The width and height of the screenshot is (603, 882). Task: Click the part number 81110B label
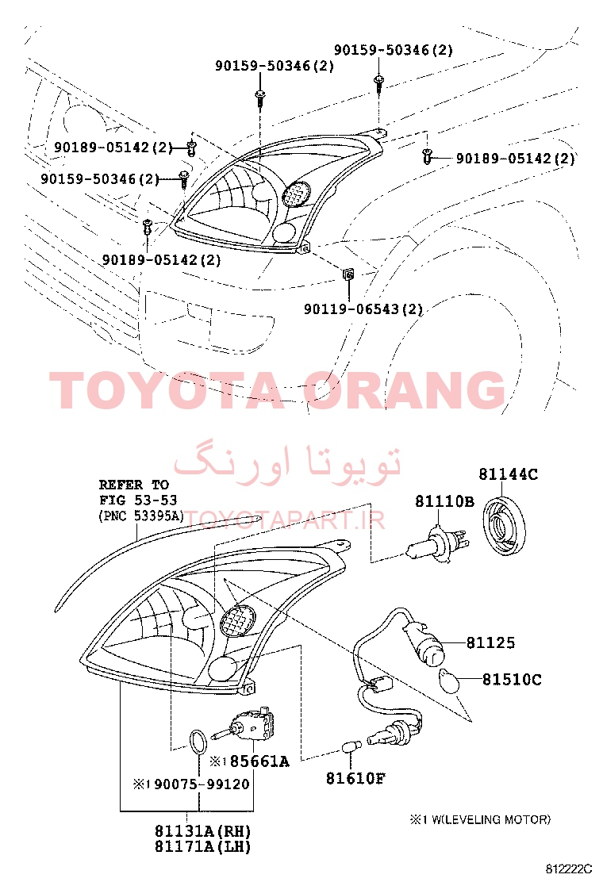click(x=444, y=501)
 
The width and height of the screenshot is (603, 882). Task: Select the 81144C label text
click(x=508, y=474)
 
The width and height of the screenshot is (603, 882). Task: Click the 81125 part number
click(x=490, y=642)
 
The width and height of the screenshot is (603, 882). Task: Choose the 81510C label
click(x=512, y=680)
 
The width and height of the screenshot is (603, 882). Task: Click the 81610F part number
click(x=355, y=778)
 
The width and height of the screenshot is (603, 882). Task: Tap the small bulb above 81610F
click(x=351, y=748)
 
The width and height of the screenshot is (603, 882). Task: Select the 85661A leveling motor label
click(x=259, y=761)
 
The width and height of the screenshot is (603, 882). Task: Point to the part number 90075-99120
click(x=202, y=784)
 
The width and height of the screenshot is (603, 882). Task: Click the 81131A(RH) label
click(x=203, y=830)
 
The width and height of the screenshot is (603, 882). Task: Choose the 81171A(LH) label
click(x=203, y=846)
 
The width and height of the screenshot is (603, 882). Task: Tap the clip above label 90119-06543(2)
click(x=349, y=274)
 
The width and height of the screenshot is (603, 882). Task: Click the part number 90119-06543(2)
click(x=363, y=309)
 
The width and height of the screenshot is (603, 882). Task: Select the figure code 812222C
click(x=568, y=868)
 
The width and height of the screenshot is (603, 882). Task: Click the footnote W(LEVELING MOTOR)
click(x=489, y=819)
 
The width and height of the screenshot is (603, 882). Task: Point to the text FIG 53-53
click(x=138, y=500)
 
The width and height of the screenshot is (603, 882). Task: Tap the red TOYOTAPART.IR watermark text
click(x=285, y=520)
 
